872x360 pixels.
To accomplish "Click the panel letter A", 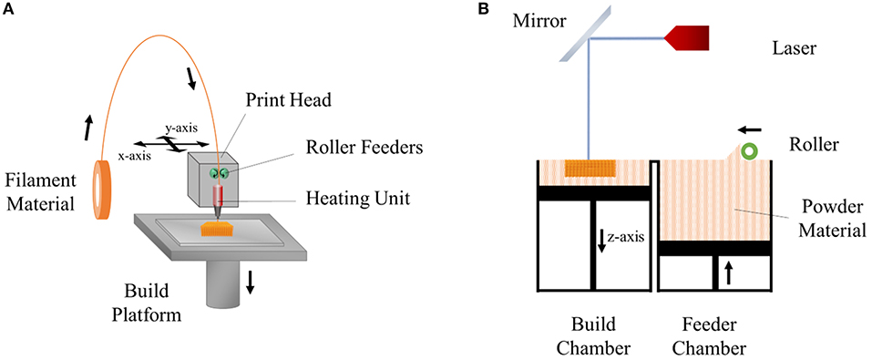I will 10,10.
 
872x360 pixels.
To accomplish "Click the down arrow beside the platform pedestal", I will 251,283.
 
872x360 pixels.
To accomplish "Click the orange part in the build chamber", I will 586,168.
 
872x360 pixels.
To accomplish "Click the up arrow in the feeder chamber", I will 728,271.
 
